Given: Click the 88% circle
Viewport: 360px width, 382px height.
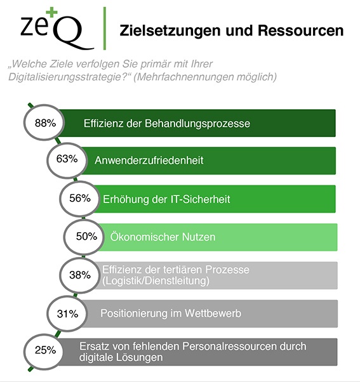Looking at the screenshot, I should click(42, 123).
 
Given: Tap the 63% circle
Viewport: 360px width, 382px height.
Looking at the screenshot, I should click(66, 159).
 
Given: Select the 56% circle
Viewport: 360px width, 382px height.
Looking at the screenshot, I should click(81, 198).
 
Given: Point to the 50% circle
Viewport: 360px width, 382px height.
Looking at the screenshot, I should click(86, 237).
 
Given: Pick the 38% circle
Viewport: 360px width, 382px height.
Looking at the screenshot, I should click(78, 275).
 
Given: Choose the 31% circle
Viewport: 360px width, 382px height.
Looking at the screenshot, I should click(66, 313).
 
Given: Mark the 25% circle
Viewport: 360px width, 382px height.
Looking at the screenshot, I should click(42, 350).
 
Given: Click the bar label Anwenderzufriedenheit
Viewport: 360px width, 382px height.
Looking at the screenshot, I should click(149, 161).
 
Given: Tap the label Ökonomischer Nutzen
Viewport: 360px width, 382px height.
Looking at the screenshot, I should click(163, 237).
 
